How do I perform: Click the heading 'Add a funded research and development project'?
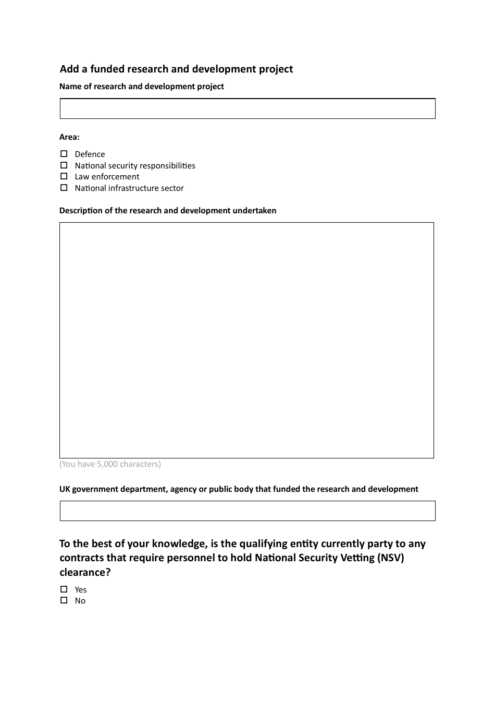[176, 69]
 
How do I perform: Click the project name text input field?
[247, 108]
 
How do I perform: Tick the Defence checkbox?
[64, 154]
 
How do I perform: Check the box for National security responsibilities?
[64, 165]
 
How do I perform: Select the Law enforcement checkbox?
[64, 176]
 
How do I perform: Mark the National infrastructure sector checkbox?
[64, 188]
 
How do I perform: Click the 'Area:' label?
[69, 137]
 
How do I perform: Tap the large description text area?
[246, 340]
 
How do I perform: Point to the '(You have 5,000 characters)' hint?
[110, 464]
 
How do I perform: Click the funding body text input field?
[247, 511]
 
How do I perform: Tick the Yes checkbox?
[64, 589]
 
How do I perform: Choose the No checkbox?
[64, 600]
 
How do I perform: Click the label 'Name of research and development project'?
[141, 87]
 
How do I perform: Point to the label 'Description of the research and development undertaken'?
[168, 211]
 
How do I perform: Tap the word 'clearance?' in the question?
[85, 572]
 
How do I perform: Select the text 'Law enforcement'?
[107, 177]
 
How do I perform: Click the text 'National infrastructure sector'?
[129, 188]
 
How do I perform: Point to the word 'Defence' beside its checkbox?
[90, 154]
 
